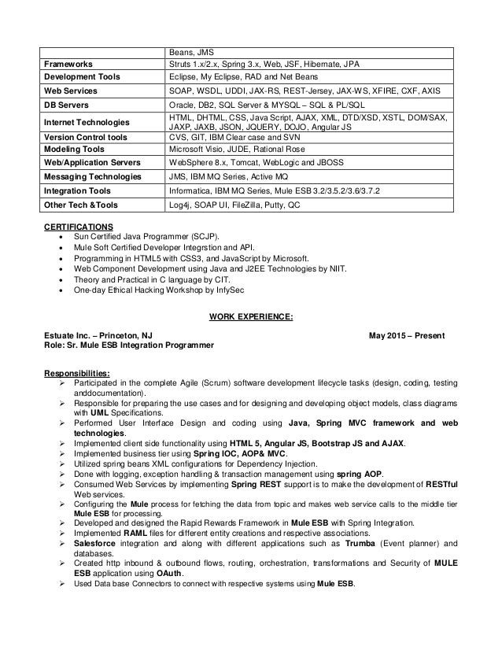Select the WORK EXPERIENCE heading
tap(251, 316)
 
